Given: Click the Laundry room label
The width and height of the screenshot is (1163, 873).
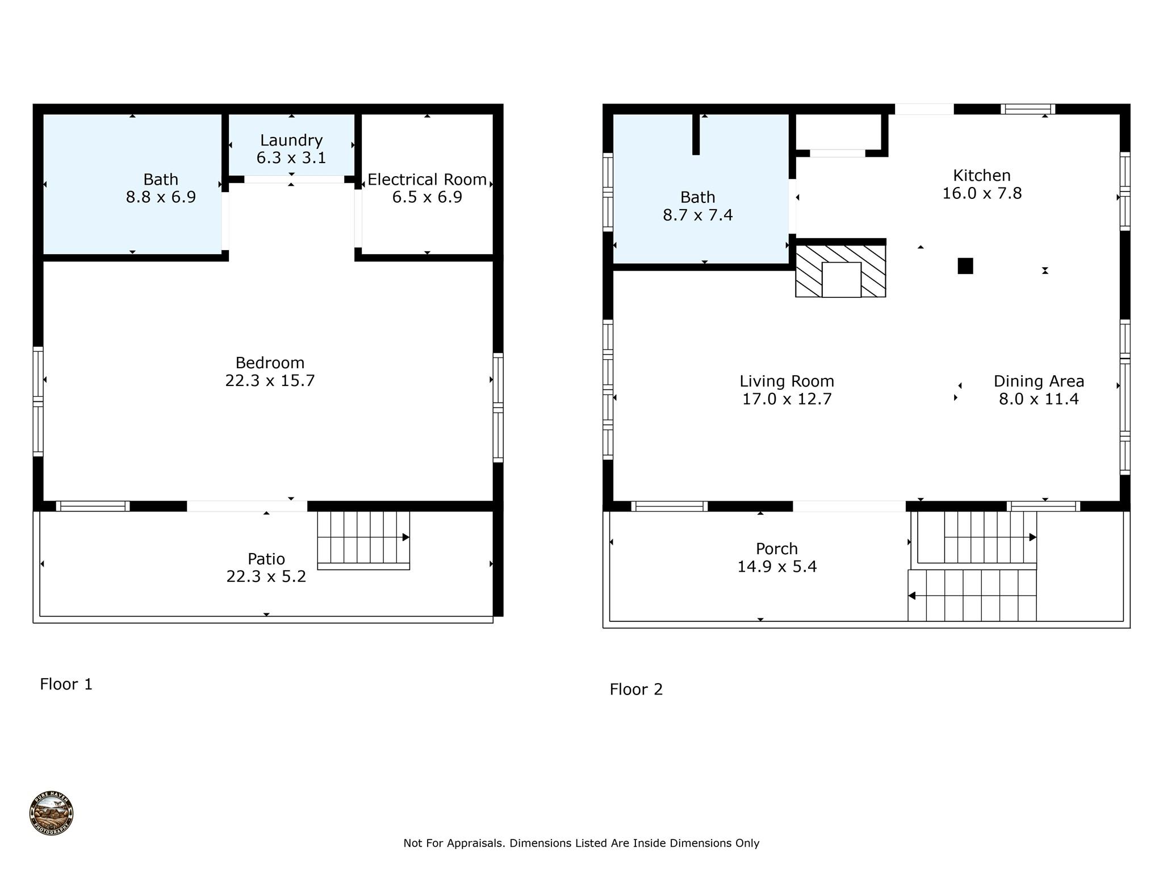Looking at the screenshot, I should coord(291,140).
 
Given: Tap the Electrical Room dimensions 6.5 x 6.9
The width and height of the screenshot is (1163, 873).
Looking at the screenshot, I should coord(427,197).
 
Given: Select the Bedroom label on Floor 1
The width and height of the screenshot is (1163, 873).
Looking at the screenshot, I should coord(270,363).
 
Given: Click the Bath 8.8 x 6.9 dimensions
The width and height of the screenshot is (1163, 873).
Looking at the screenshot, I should coord(161,197).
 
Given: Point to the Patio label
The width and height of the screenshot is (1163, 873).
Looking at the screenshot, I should coord(266,559).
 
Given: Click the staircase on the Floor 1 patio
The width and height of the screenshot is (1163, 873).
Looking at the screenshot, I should coord(363,539).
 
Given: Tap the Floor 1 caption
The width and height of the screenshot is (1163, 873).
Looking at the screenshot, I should coord(66,684).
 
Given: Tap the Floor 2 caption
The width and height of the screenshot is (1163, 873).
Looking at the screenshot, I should coord(636,689).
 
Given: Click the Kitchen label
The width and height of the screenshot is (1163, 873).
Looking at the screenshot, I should coord(982,175).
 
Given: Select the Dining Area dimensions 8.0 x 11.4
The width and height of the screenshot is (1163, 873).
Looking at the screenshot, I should coord(1039,399).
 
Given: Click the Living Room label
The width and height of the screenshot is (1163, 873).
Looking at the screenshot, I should coord(787,381).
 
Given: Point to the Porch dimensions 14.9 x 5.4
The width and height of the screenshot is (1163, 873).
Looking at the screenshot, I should coord(777,567).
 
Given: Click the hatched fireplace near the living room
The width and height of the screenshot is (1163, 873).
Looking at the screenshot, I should coord(840,271).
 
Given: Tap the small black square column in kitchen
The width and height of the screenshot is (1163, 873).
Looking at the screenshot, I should coord(965,266).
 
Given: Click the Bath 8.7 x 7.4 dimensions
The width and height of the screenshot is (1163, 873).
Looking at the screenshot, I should coord(697,215).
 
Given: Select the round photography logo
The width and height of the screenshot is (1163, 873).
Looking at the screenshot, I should coord(52,813).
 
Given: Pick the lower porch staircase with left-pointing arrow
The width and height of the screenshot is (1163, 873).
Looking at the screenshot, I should coord(972,596).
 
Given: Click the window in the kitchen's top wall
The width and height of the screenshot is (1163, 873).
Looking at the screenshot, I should coord(1028,109).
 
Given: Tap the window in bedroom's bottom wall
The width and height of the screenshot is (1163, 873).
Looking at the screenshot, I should coord(93,506).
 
